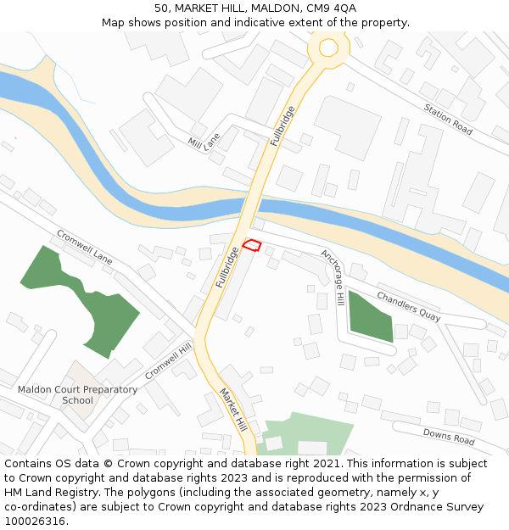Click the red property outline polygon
251,245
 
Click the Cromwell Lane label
84,246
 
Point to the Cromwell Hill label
168,361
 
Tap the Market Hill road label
232,409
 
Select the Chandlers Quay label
408,306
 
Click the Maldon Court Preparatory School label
77,395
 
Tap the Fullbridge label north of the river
283,126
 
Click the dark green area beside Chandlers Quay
370,315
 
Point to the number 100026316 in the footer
35,522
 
